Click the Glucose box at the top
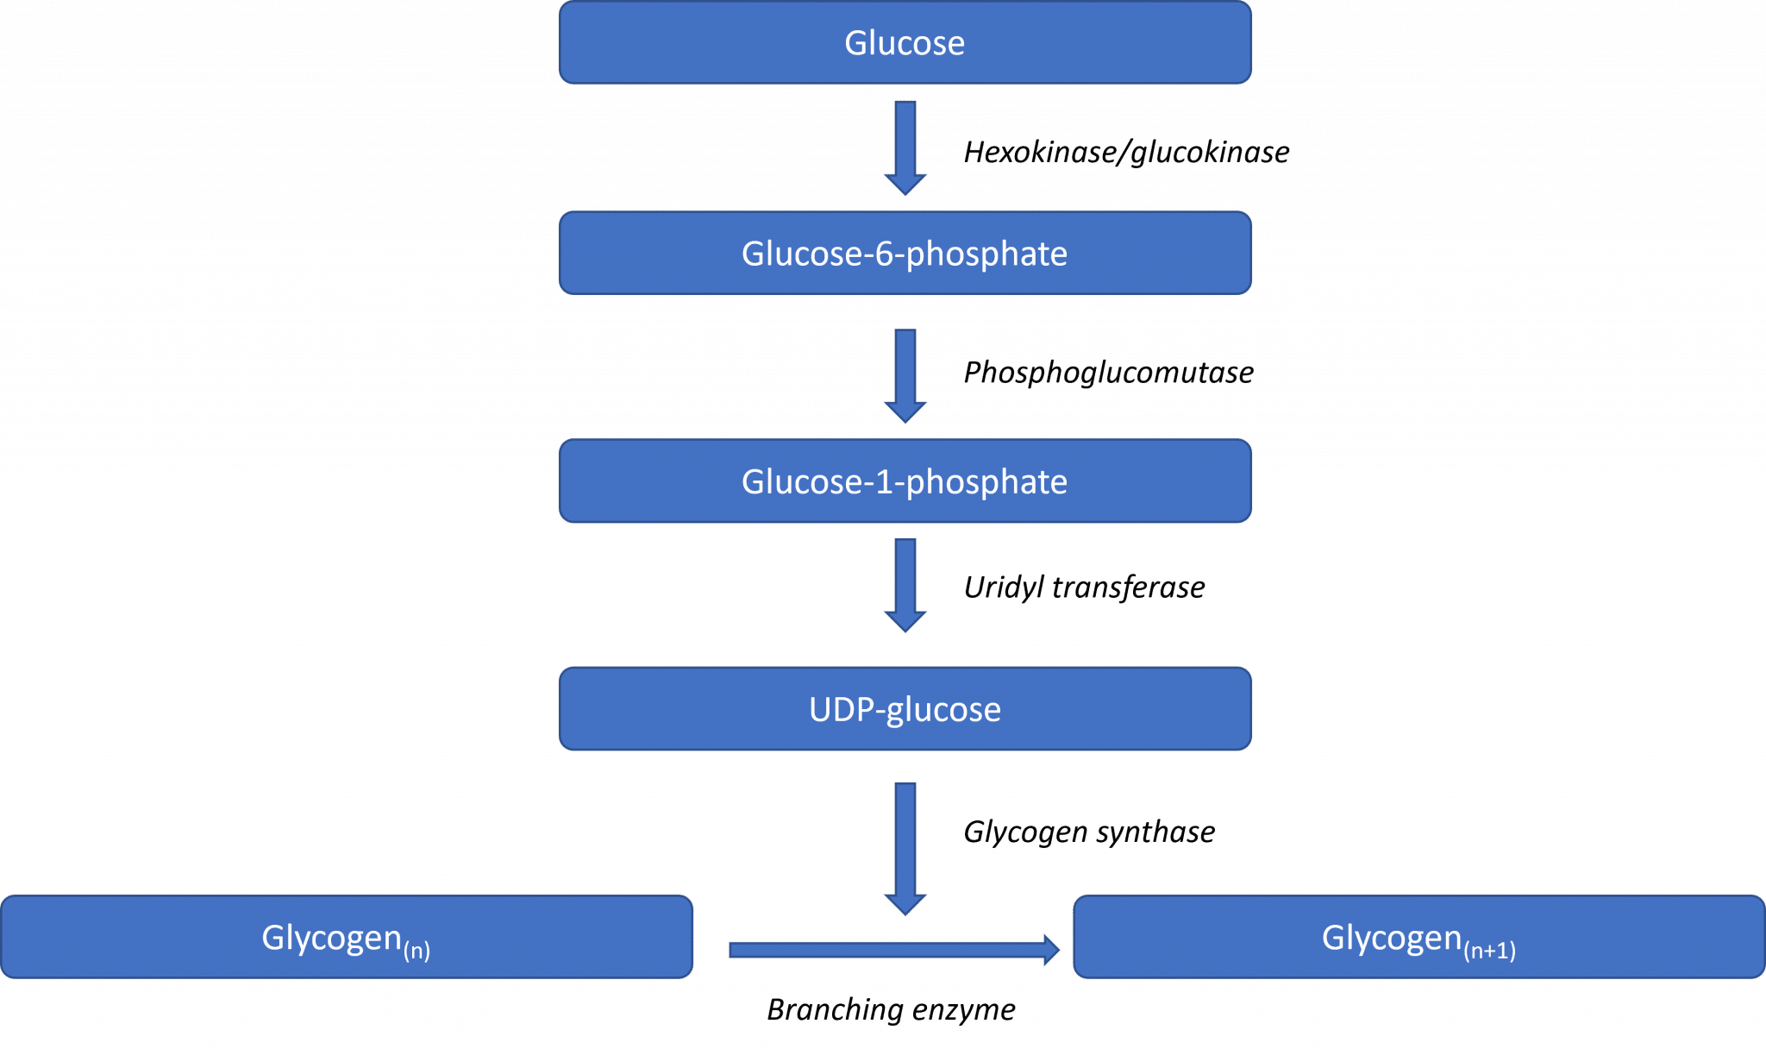[x=905, y=43]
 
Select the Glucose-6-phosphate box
[x=905, y=254]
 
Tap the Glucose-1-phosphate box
[x=905, y=481]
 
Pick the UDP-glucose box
[x=905, y=709]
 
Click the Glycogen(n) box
[x=346, y=938]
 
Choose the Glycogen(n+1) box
[x=1418, y=938]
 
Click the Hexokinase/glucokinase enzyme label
[x=1126, y=153]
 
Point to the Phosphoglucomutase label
[x=1108, y=373]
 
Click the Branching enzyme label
[x=891, y=1009]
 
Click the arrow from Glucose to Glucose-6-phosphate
[x=905, y=147]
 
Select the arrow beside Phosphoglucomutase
[x=905, y=374]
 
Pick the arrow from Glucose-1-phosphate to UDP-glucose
[x=905, y=585]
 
